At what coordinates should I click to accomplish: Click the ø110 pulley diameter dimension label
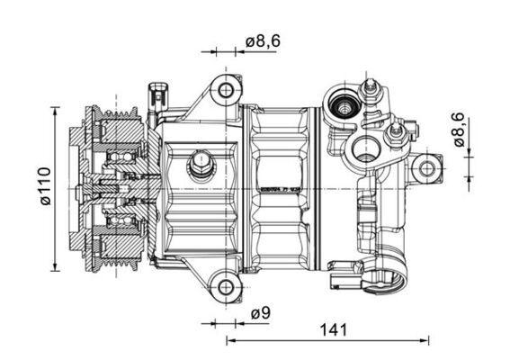(x=44, y=186)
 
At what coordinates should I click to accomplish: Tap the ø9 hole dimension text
(x=261, y=313)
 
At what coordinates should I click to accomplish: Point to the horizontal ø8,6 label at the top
(x=263, y=40)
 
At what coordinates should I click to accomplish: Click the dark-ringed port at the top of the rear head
(x=343, y=107)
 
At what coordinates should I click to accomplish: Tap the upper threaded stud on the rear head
(x=369, y=88)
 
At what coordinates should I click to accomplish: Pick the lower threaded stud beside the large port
(x=392, y=137)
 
